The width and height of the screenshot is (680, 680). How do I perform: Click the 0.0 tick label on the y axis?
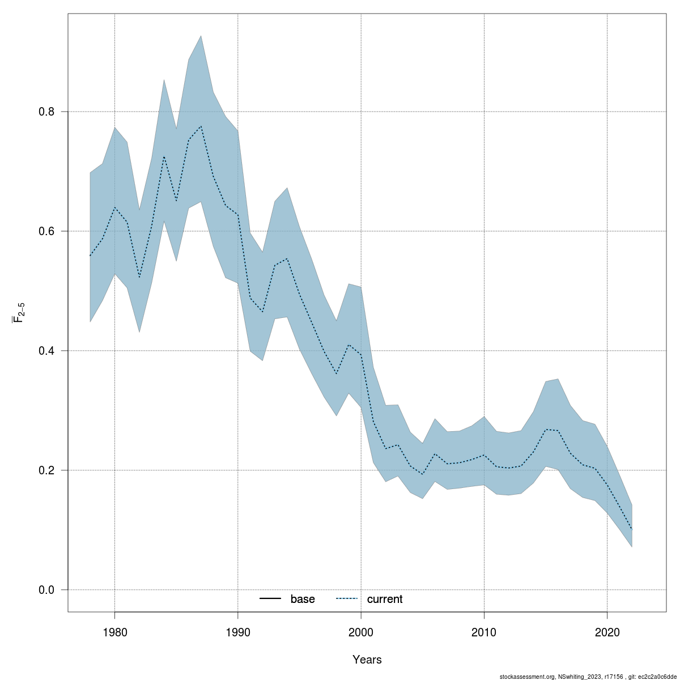(46, 590)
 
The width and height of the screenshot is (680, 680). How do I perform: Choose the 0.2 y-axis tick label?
(46, 470)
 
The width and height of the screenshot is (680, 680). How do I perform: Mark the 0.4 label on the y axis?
(46, 351)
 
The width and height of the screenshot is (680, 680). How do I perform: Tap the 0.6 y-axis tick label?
(46, 231)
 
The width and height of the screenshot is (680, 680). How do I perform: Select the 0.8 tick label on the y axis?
(46, 112)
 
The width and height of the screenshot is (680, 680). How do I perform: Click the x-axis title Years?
(367, 660)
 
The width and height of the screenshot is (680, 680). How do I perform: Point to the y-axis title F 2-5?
(18, 311)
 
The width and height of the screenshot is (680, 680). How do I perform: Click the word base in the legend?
(303, 599)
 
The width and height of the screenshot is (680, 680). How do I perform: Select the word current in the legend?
(385, 599)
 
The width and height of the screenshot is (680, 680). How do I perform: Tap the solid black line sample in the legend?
(271, 599)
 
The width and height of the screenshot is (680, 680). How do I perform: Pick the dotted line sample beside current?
(347, 599)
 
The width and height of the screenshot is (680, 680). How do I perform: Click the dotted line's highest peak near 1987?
(201, 126)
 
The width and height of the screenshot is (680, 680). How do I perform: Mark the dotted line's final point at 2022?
(632, 529)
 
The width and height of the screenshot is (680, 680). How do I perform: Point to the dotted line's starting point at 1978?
(90, 256)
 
